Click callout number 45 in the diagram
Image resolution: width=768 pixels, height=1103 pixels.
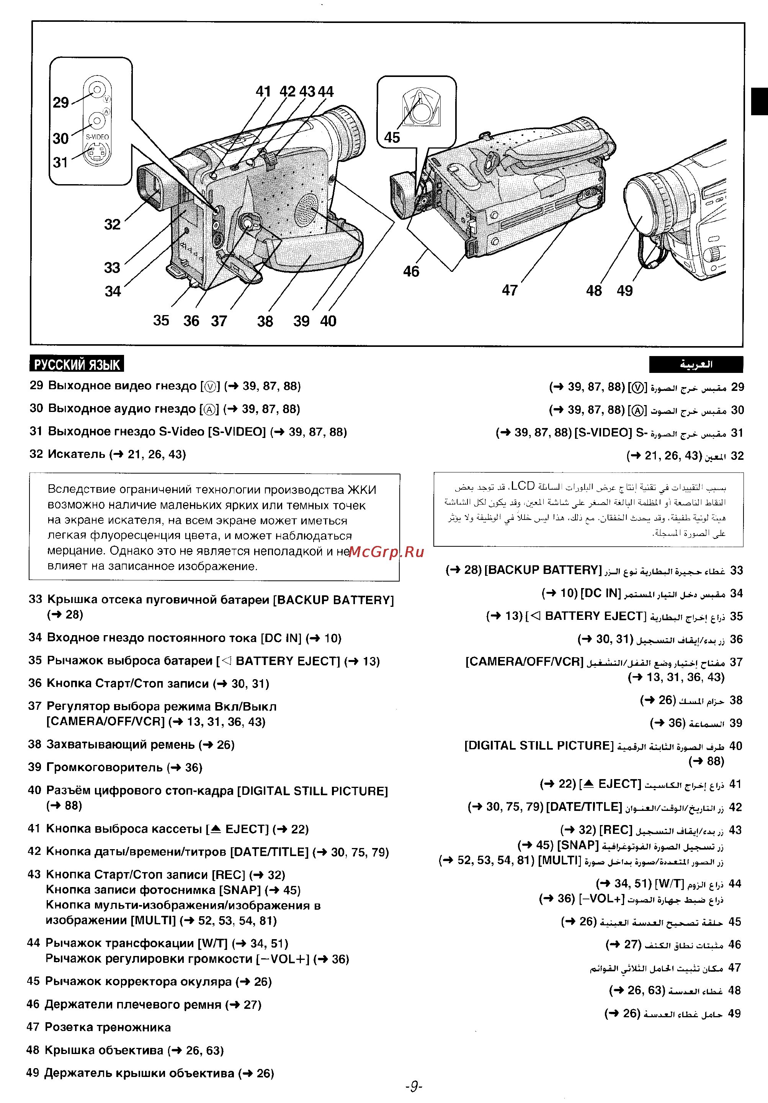[392, 138]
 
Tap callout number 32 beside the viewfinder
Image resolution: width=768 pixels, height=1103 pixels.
[113, 224]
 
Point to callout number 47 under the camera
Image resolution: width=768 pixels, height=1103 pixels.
[510, 290]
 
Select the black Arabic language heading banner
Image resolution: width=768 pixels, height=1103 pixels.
[696, 364]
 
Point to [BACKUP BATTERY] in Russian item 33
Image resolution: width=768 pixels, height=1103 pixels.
[333, 600]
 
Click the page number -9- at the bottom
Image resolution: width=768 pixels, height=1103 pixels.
[413, 1087]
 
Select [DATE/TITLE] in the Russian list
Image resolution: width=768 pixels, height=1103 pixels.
[270, 852]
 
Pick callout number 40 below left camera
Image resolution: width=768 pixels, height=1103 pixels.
[328, 321]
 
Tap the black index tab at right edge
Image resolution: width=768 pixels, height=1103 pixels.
[759, 101]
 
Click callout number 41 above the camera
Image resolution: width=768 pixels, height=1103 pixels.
[263, 91]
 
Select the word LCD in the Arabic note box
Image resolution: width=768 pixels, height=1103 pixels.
[523, 486]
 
